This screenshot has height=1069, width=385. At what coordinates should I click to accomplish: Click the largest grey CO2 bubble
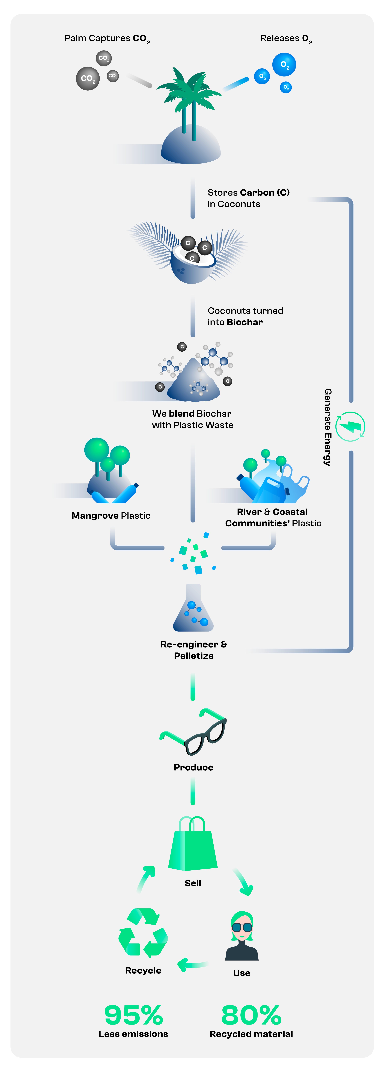[88, 78]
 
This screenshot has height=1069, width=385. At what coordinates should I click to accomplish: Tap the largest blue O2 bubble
[284, 64]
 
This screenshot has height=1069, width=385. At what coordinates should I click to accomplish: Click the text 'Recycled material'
[251, 1034]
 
